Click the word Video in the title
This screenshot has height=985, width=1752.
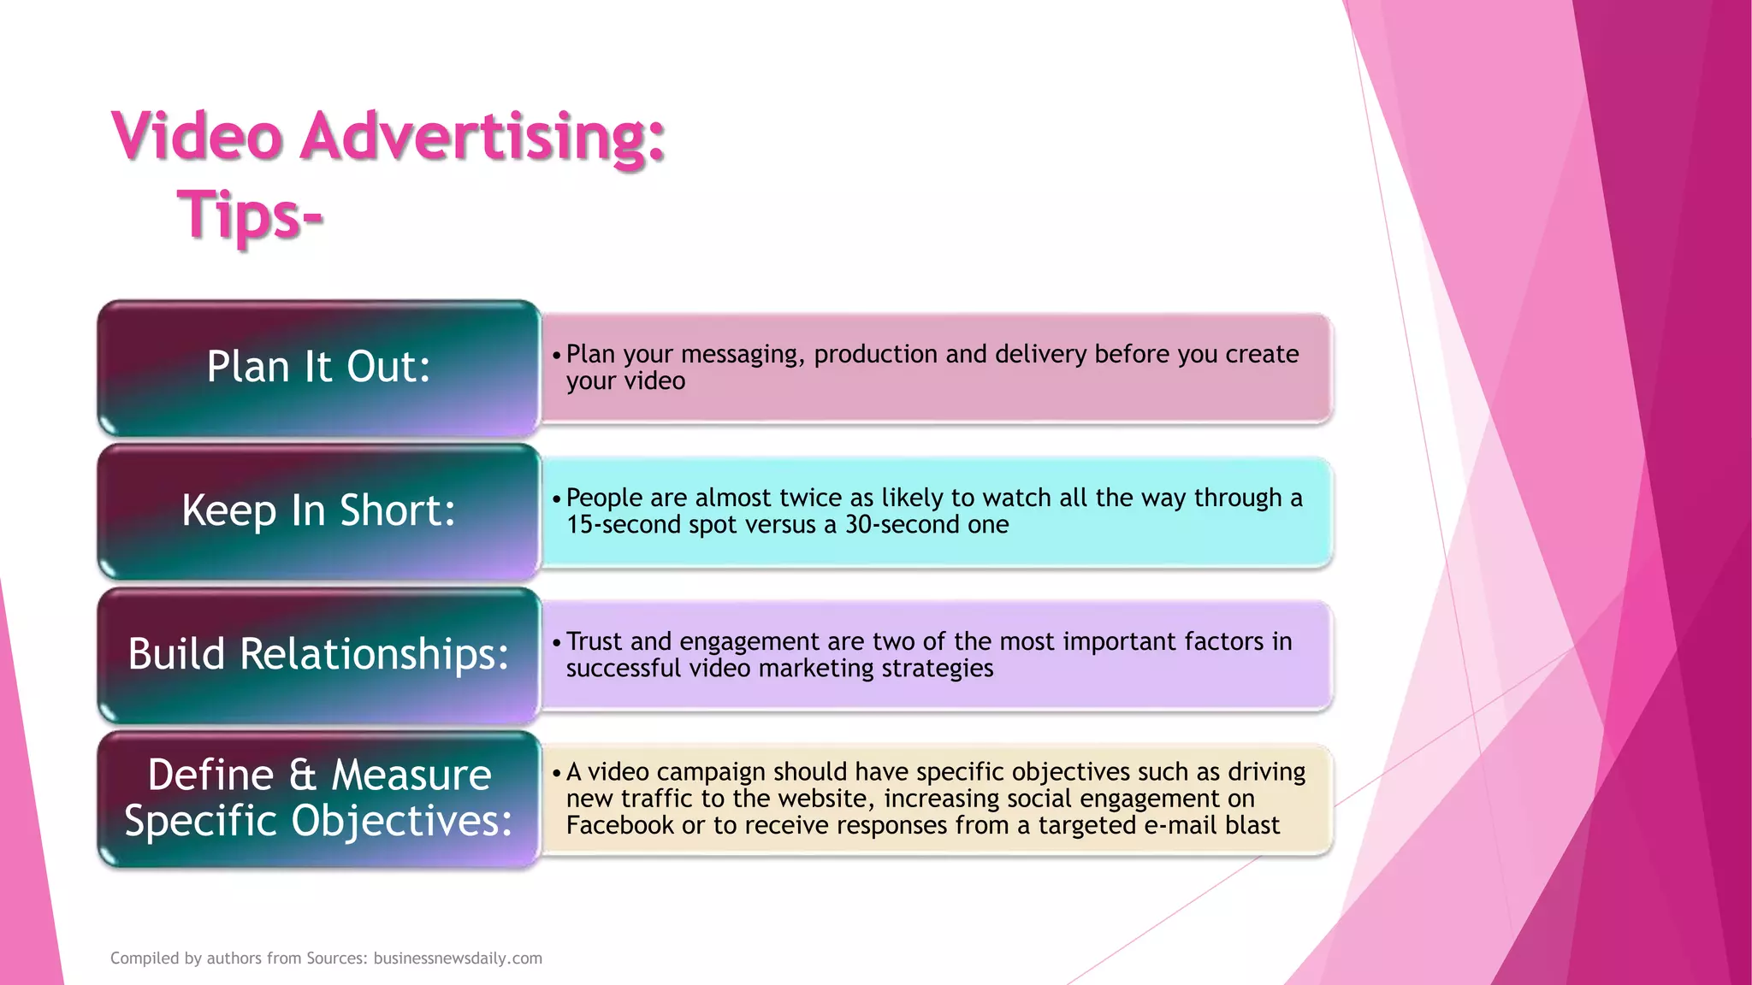[x=197, y=137]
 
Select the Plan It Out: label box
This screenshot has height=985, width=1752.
[x=318, y=368]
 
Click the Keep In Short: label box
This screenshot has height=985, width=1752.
[x=318, y=511]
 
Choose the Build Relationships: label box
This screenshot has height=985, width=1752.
[x=318, y=655]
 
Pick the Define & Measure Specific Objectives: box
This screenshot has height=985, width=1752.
[x=318, y=799]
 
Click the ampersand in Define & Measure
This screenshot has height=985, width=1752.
[x=302, y=776]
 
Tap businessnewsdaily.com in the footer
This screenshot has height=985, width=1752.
[x=458, y=958]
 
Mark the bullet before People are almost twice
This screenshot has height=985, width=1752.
[x=556, y=499]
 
